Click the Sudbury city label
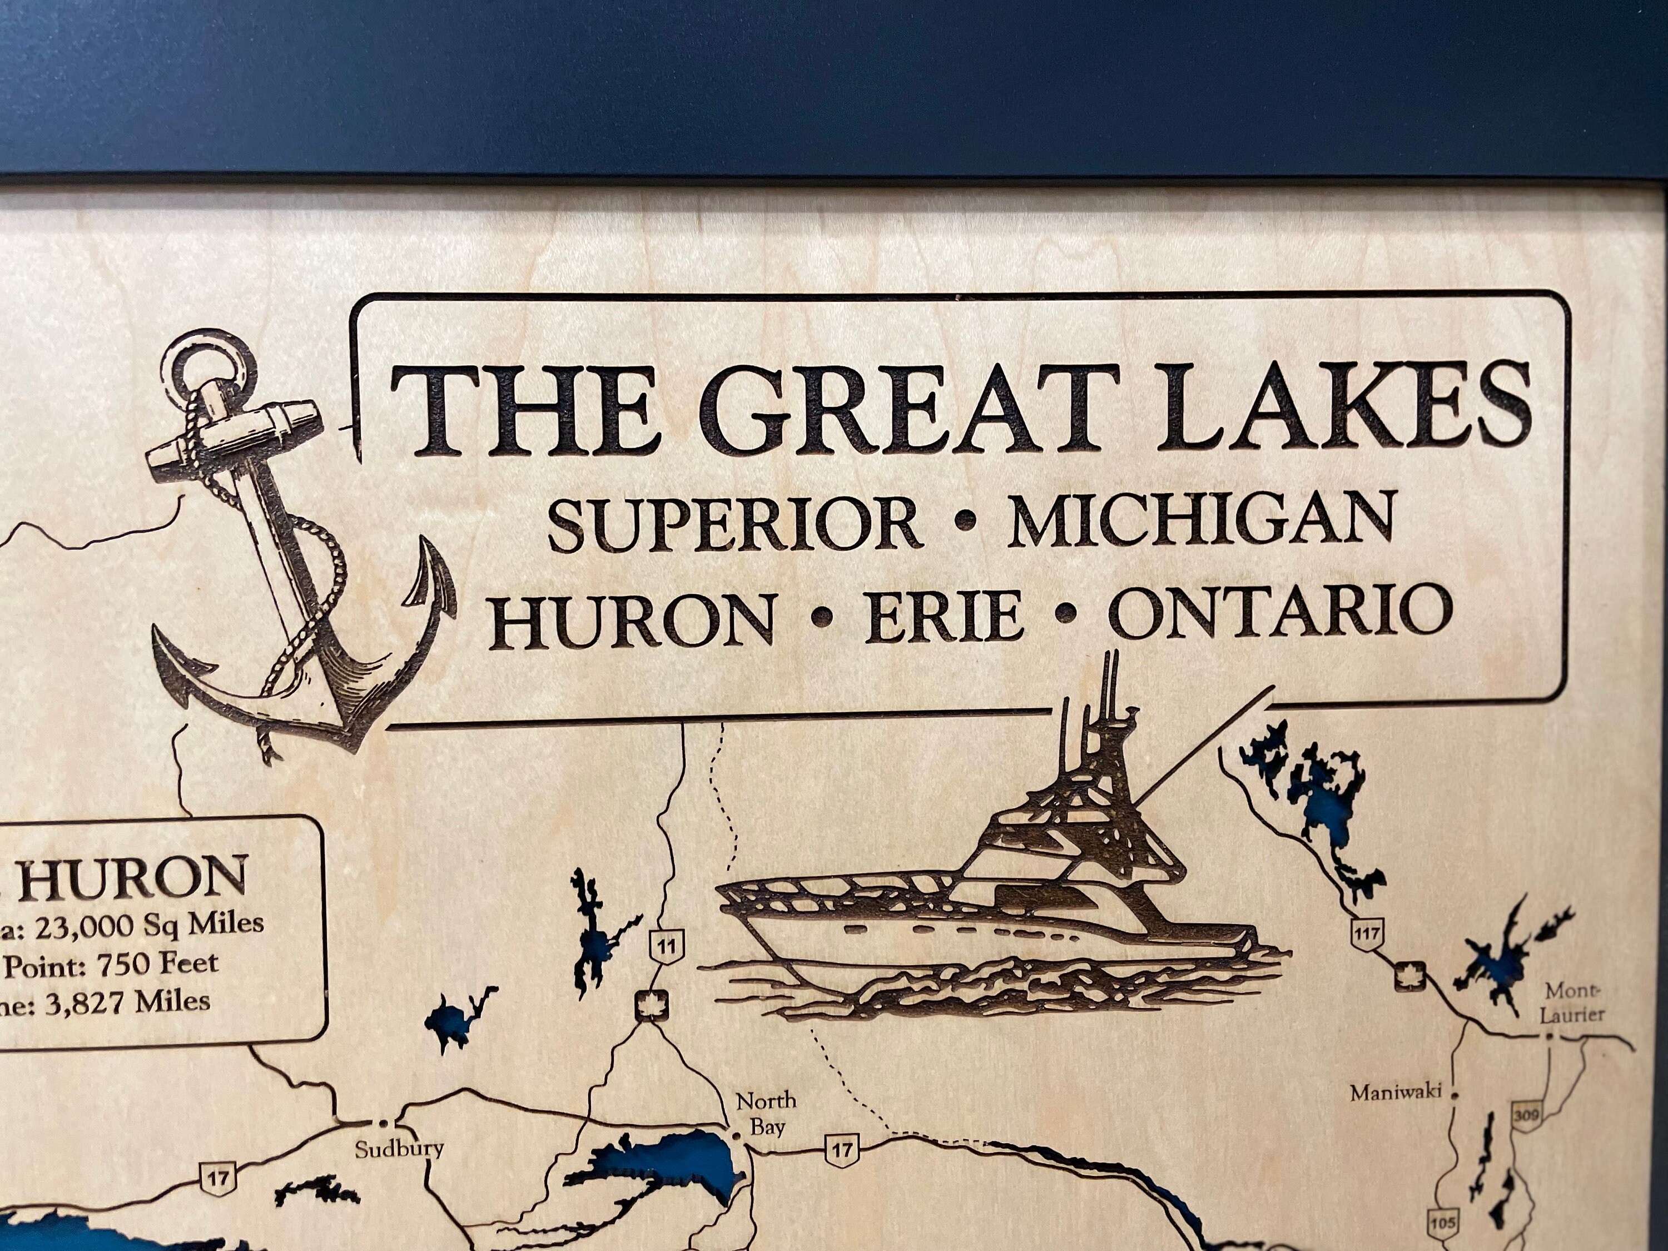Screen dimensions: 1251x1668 click(399, 1149)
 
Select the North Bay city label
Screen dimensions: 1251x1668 click(766, 1114)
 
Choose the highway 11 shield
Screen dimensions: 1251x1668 click(667, 946)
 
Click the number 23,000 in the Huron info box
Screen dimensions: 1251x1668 click(82, 925)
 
